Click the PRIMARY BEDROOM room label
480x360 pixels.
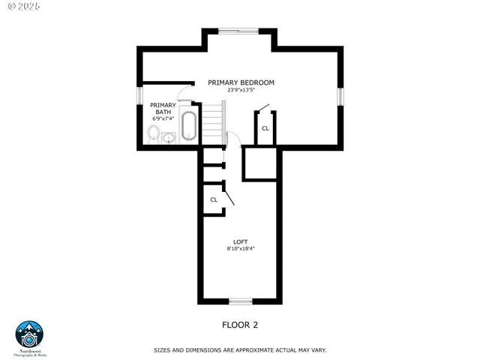241,82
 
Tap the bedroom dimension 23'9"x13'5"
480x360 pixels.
241,90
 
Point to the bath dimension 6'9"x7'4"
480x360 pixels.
163,118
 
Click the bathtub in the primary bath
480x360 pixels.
188,126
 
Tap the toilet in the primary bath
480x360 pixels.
154,133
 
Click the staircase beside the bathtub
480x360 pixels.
215,124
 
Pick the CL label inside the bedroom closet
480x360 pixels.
265,128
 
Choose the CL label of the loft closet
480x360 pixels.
214,199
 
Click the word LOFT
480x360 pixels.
240,241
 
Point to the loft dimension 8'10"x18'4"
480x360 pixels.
240,249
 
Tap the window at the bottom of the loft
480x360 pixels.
240,301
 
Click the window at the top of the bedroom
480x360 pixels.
239,31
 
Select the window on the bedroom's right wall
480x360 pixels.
340,97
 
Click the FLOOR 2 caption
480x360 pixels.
240,325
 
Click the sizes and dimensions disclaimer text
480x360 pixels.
240,350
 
